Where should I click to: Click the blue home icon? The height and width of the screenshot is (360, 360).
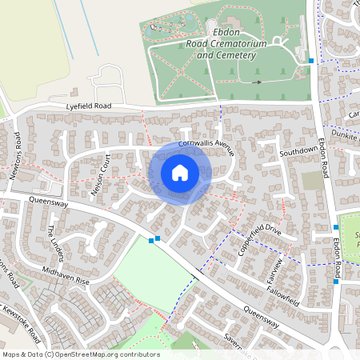pyautogui.click(x=179, y=172)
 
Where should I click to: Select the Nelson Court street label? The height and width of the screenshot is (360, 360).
pyautogui.click(x=99, y=167)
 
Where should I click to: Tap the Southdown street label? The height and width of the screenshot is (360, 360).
pyautogui.click(x=298, y=151)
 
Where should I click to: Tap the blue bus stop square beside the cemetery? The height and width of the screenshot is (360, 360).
pyautogui.click(x=311, y=60)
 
